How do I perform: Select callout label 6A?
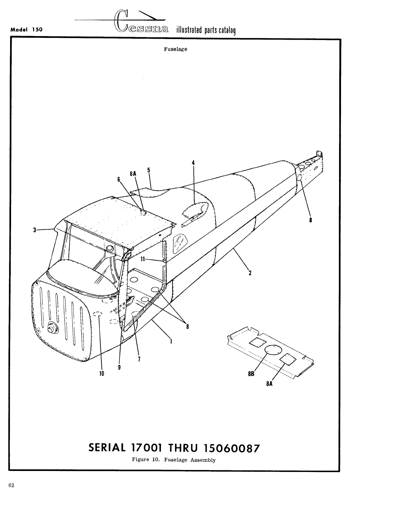coord(133,174)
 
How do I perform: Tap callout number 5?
coord(149,170)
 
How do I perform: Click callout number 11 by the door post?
coord(142,259)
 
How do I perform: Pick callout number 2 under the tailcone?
coord(250,273)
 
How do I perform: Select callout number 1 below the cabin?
coord(171,342)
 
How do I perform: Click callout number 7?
coord(139,359)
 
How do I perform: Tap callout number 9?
coord(120,367)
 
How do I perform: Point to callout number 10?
coord(101,373)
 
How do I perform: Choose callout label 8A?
coord(269,383)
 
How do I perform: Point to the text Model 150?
coord(27,29)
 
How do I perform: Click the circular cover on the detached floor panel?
coord(272,350)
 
